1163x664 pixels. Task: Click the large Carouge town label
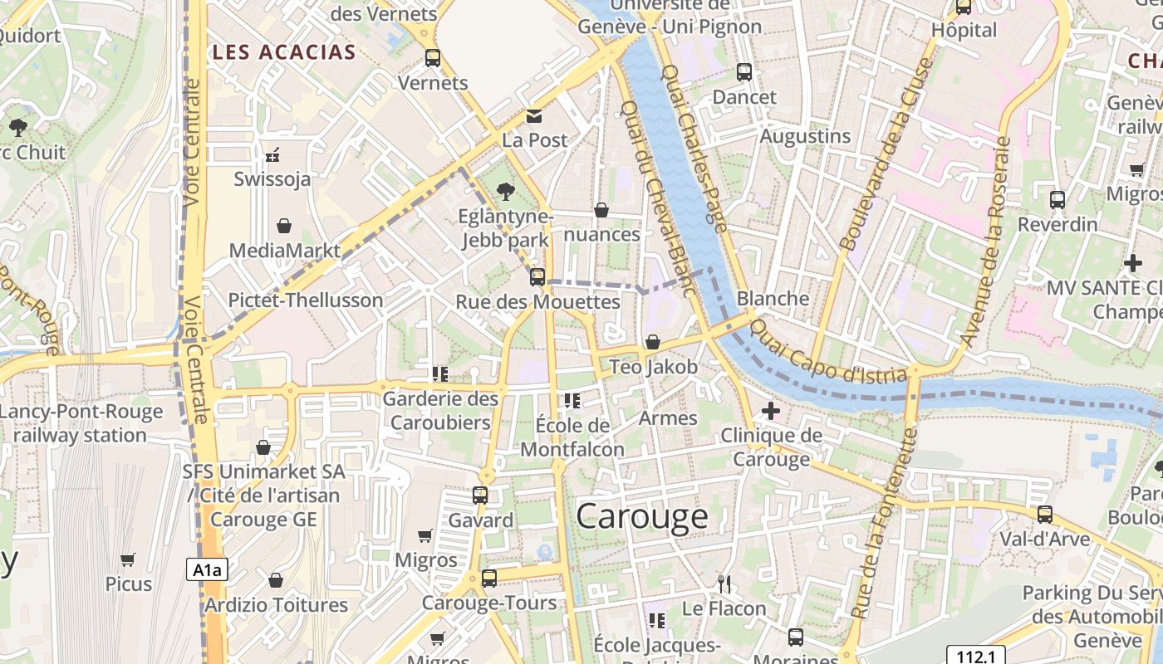point(642,516)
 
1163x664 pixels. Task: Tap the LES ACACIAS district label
point(284,52)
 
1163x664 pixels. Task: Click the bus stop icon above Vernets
point(433,57)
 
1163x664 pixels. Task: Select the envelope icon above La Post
point(533,115)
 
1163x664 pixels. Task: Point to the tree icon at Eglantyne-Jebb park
point(504,192)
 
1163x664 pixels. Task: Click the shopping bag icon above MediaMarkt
point(284,226)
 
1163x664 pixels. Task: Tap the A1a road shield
point(207,569)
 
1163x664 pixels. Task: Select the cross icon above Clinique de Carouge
point(771,410)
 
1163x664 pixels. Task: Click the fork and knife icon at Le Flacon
point(724,583)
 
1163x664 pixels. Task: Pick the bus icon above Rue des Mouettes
point(537,277)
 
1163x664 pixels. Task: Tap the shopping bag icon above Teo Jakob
point(653,342)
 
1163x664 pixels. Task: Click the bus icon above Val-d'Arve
point(1045,514)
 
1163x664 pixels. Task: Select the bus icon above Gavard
point(480,496)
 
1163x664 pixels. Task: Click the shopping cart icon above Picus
point(128,559)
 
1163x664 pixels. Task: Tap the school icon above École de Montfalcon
point(572,401)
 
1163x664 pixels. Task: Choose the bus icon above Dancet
point(744,72)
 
